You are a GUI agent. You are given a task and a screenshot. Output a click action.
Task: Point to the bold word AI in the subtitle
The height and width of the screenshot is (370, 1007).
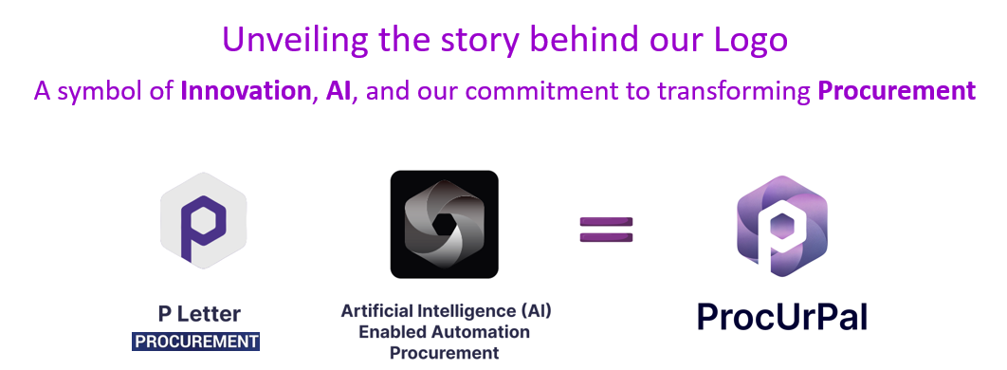point(338,91)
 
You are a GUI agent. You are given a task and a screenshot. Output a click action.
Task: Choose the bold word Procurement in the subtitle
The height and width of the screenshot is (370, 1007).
point(896,91)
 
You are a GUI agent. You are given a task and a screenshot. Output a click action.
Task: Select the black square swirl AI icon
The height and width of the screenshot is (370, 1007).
point(444,224)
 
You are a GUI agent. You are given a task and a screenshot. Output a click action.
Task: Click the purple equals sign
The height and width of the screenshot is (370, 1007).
point(607,229)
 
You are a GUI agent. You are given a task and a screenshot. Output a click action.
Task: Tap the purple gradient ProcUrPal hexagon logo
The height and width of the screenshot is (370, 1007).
point(782,228)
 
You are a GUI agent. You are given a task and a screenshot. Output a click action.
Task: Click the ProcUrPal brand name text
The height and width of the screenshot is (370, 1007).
point(782,317)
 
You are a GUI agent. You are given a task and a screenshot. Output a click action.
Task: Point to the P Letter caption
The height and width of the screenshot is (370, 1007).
point(199,314)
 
